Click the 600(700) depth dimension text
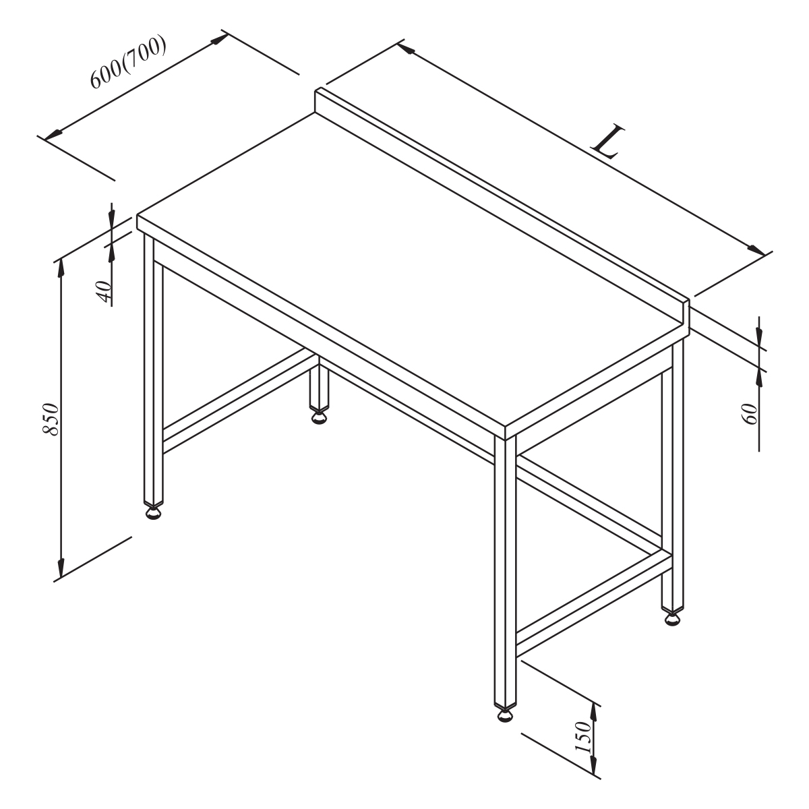tap(129, 63)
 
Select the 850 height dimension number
tap(51, 419)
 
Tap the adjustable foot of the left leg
tap(154, 513)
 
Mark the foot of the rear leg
tap(320, 418)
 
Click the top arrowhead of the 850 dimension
tap(61, 268)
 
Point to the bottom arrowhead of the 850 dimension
tap(61, 568)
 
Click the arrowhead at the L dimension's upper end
tap(406, 48)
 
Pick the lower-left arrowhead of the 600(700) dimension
tap(53, 135)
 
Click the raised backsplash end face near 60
tap(686, 318)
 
